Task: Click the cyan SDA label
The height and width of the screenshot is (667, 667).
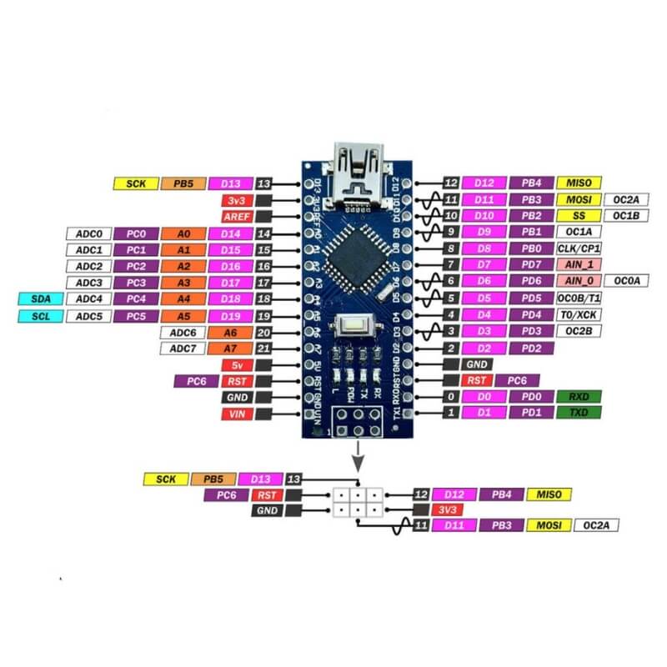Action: coord(38,298)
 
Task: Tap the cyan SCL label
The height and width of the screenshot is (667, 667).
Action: coord(38,315)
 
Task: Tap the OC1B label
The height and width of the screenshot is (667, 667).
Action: coord(625,216)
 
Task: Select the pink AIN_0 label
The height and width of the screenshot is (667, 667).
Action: coord(579,281)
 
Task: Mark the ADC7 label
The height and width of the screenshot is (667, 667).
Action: coord(183,348)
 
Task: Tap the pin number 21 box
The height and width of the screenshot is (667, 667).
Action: coord(264,348)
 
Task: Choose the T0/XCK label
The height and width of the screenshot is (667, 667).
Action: coord(579,314)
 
